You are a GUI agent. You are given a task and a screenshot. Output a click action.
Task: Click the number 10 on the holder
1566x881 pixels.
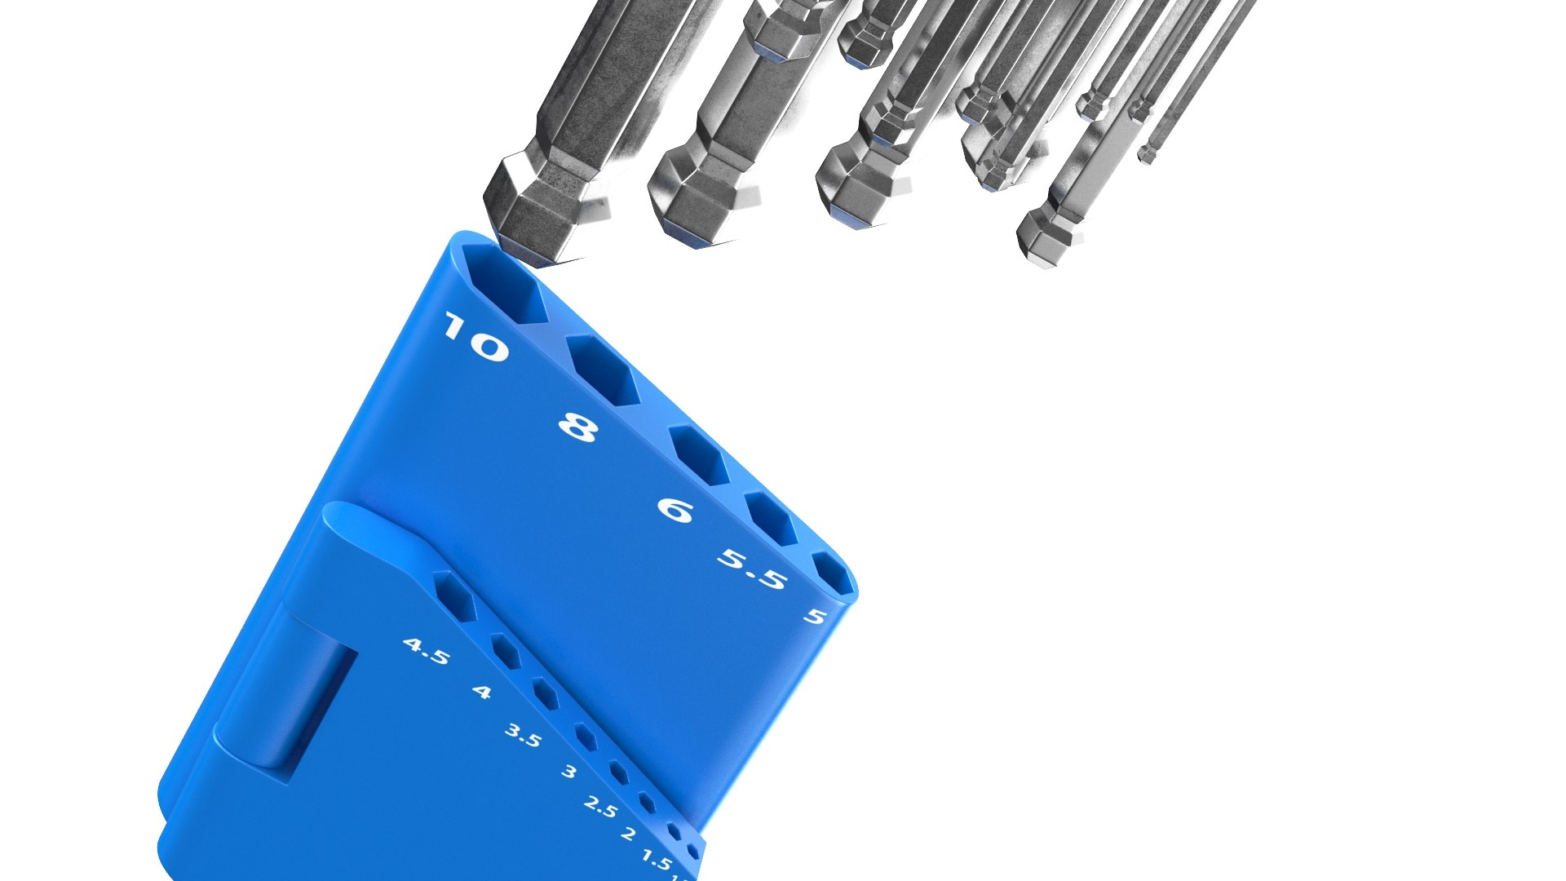(x=476, y=338)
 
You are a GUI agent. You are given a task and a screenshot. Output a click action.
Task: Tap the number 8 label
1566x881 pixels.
(x=578, y=427)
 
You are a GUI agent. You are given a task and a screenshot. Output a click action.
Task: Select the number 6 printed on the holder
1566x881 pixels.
(x=675, y=511)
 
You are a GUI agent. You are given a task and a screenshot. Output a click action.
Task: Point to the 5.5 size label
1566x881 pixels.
(x=752, y=569)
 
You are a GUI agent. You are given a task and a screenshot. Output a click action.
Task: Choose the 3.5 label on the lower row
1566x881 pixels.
(x=523, y=736)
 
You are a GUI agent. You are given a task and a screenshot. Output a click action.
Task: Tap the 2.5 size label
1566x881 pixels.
(x=601, y=808)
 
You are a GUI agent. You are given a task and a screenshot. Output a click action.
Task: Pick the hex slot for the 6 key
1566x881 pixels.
(x=700, y=456)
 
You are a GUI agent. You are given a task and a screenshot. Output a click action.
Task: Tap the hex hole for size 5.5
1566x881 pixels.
(x=772, y=520)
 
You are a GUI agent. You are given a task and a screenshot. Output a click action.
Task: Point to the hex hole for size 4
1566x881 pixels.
(x=507, y=653)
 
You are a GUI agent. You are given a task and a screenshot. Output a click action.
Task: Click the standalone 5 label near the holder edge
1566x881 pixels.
(x=815, y=616)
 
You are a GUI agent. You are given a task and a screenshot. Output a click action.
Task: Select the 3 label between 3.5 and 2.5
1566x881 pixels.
(x=569, y=772)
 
